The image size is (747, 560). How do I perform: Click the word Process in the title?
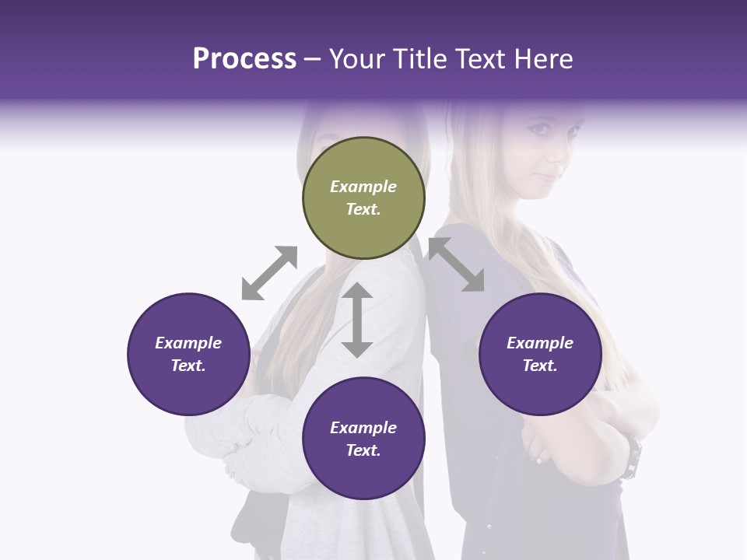pos(244,59)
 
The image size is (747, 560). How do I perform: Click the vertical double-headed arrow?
pos(357,320)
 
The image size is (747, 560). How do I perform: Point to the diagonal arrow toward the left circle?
pos(269,272)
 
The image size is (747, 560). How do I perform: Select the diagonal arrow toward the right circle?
pos(456,264)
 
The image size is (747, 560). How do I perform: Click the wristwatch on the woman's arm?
pos(634,457)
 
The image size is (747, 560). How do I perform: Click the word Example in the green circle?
pos(363,187)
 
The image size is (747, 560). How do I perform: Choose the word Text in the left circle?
pos(188,366)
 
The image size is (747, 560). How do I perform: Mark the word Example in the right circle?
pos(540,343)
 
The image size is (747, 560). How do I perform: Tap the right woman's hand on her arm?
pos(538,450)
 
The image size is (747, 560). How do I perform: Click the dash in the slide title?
pos(313,59)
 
